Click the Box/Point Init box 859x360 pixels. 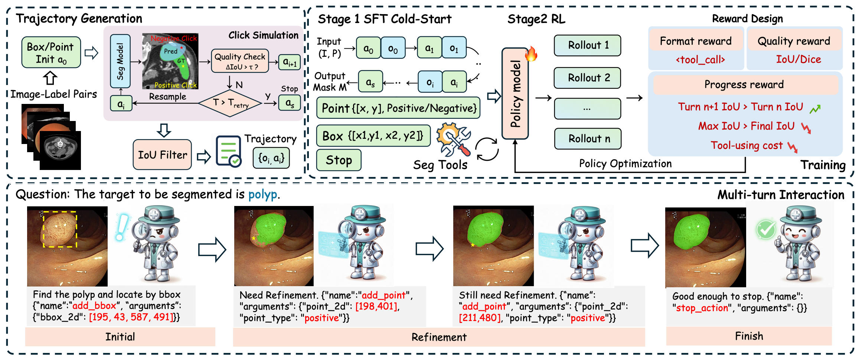[51, 52]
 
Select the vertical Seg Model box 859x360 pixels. [120, 61]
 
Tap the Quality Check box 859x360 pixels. [240, 61]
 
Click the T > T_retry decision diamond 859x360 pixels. [230, 103]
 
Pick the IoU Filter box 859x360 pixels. [162, 155]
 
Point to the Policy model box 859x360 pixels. [515, 94]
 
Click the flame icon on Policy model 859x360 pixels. [531, 54]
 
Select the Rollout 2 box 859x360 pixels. [587, 78]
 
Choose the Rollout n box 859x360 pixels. [587, 138]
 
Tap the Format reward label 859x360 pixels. [696, 41]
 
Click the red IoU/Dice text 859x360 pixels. [798, 59]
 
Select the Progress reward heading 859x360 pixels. [744, 85]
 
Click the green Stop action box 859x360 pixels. [339, 160]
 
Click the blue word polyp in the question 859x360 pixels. [262, 194]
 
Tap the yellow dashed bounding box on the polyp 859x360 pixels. [60, 229]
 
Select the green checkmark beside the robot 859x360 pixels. [766, 229]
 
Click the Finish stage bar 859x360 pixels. [749, 336]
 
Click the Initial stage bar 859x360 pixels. [120, 337]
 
